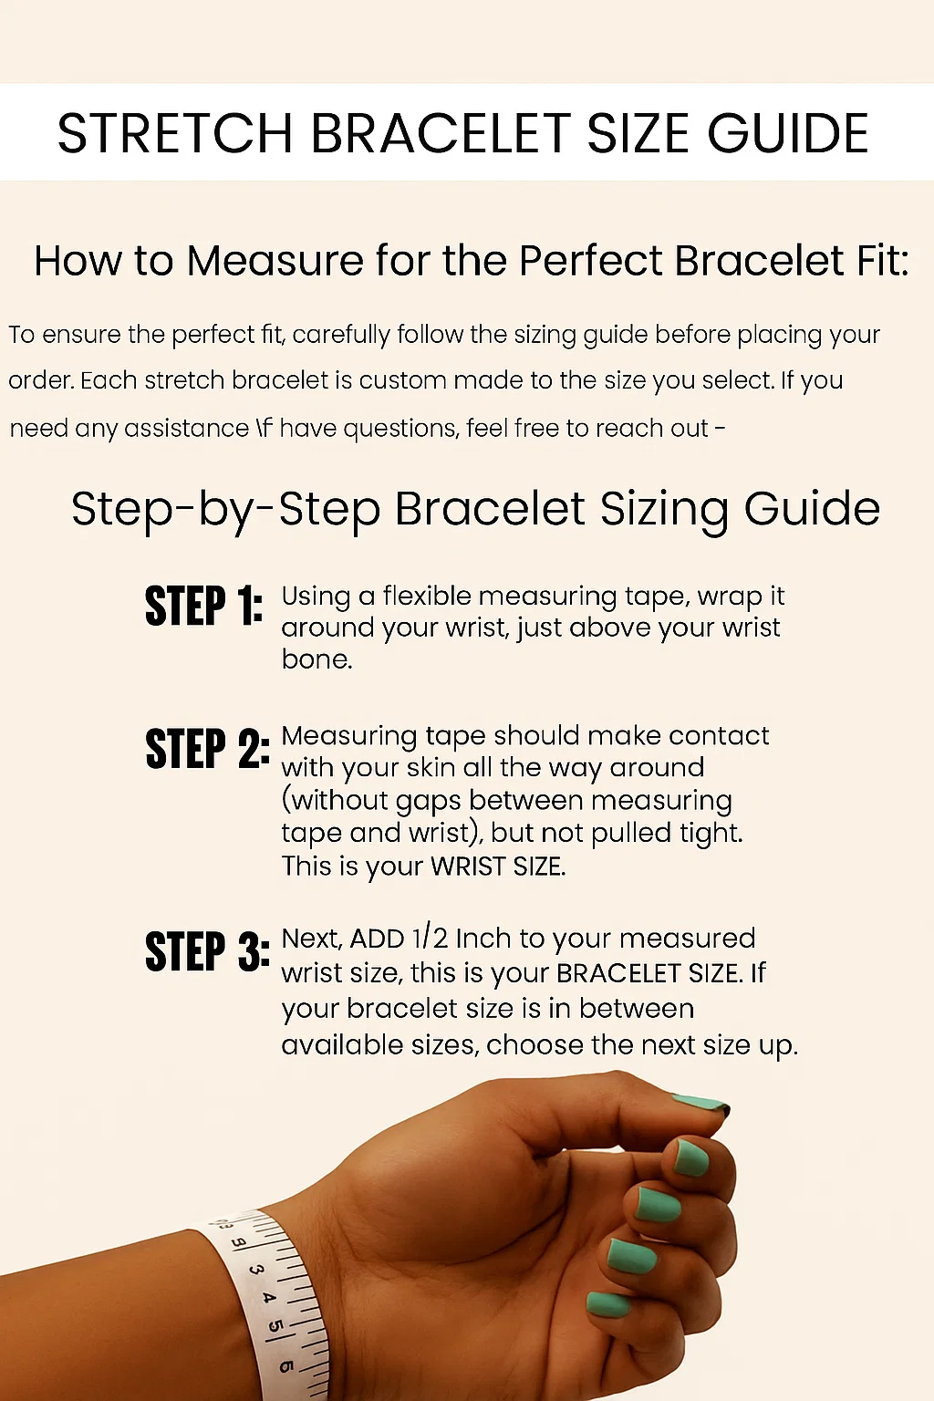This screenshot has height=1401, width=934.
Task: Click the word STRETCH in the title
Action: tap(175, 133)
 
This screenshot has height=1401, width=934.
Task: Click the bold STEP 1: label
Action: tap(203, 606)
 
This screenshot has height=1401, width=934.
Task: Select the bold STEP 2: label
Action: tap(208, 748)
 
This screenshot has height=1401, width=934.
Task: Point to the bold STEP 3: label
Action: tap(208, 951)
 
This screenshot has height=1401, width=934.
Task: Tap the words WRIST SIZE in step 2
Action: tap(498, 867)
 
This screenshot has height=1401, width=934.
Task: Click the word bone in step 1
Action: tap(317, 659)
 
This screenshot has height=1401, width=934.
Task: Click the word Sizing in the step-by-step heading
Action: tap(664, 510)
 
